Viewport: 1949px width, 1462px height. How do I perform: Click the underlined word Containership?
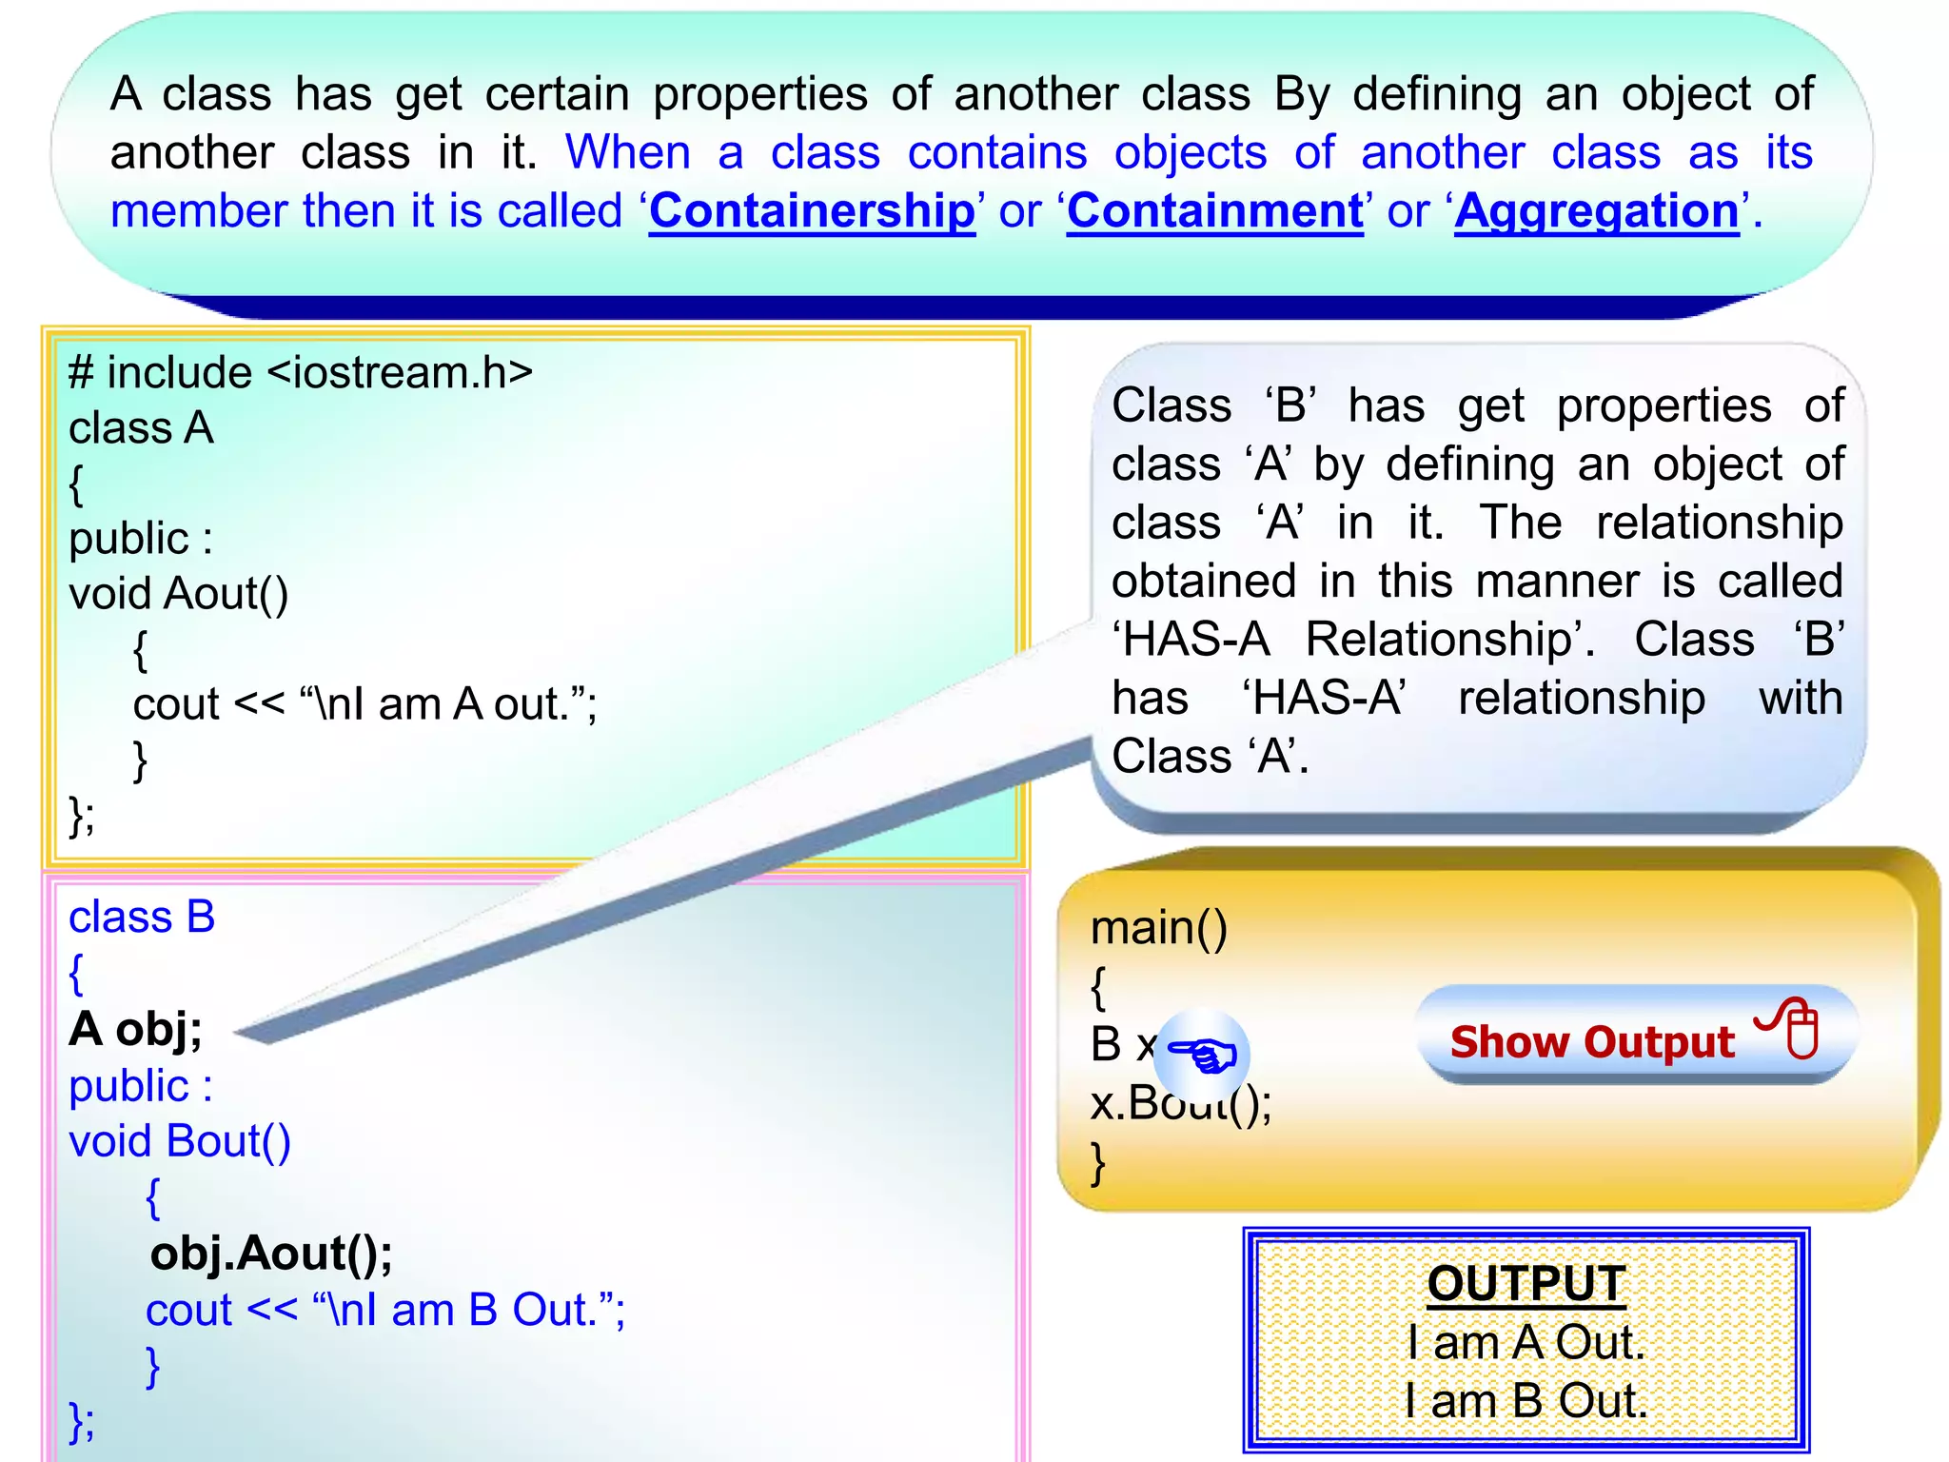pyautogui.click(x=812, y=210)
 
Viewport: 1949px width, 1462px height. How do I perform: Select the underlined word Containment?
pyautogui.click(x=1214, y=210)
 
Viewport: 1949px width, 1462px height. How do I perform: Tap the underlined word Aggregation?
pyautogui.click(x=1596, y=210)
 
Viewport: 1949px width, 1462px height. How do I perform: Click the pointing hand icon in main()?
pyautogui.click(x=1204, y=1055)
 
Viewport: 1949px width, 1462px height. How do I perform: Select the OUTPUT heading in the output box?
pyautogui.click(x=1526, y=1283)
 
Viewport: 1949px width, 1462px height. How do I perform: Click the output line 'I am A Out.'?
pyautogui.click(x=1526, y=1342)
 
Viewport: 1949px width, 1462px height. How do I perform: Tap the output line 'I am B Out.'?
pyautogui.click(x=1526, y=1401)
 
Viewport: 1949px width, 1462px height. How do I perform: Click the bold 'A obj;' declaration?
pyautogui.click(x=135, y=1029)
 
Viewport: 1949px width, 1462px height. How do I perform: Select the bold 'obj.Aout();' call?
pyautogui.click(x=271, y=1253)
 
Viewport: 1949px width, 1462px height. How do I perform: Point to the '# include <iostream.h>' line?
pyautogui.click(x=300, y=372)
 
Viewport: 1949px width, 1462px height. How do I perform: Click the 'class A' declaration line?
pyautogui.click(x=141, y=428)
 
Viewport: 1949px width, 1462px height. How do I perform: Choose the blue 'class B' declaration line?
pyautogui.click(x=142, y=918)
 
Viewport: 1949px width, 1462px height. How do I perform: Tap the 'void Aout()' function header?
pyautogui.click(x=178, y=594)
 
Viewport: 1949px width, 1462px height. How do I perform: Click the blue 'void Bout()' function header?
pyautogui.click(x=179, y=1141)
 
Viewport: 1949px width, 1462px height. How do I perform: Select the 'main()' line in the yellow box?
pyautogui.click(x=1158, y=928)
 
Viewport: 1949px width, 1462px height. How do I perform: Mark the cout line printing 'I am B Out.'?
pyautogui.click(x=384, y=1310)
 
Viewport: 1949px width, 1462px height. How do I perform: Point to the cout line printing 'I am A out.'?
pyautogui.click(x=364, y=704)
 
